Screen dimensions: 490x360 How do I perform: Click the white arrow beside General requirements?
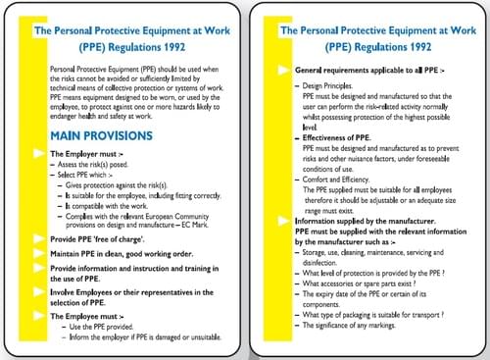(285, 71)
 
